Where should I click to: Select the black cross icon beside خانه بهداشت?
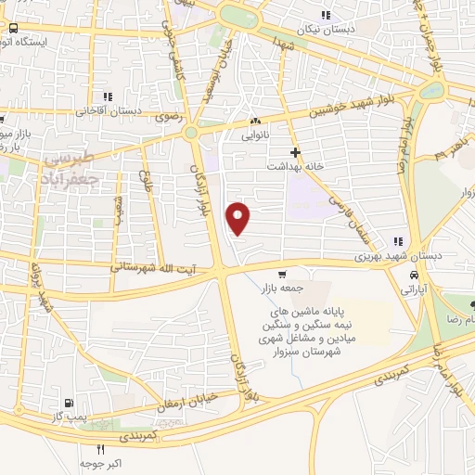tap(296, 151)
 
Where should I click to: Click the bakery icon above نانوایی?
tap(256, 121)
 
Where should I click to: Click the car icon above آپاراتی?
tap(415, 276)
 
